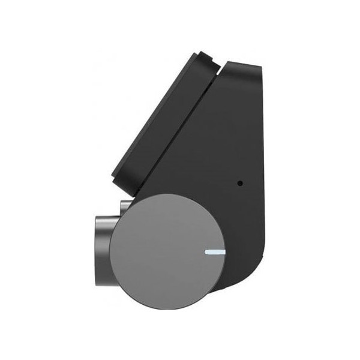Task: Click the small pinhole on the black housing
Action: (x=240, y=183)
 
